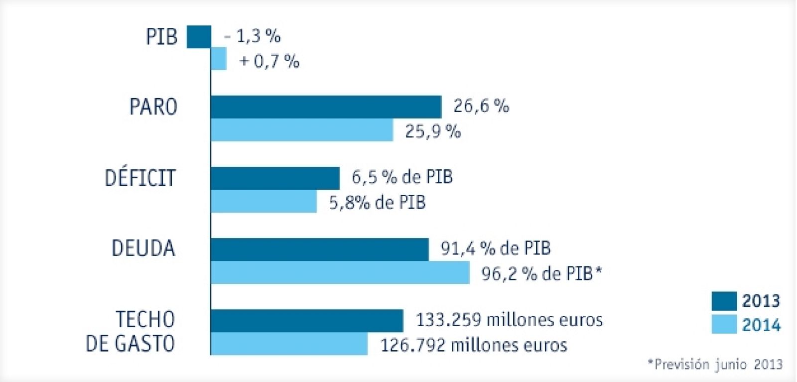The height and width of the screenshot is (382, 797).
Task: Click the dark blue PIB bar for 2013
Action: pos(199,37)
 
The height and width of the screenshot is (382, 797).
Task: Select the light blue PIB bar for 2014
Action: pos(219,59)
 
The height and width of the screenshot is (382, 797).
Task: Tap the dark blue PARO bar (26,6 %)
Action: pos(326,107)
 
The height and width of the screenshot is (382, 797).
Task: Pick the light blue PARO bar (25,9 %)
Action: pos(302,130)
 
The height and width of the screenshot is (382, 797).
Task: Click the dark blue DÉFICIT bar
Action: pos(275,178)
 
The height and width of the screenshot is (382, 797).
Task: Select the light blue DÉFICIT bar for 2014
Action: pos(264,201)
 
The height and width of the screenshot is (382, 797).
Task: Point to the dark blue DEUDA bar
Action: pos(319,250)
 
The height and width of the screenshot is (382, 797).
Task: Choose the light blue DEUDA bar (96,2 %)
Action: pos(340,272)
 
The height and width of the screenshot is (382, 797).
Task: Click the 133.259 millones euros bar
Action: pos(307,320)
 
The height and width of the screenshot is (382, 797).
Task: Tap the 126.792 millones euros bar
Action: pos(289,344)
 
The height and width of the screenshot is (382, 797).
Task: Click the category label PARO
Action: pos(153,107)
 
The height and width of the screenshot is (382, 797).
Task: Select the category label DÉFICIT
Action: pos(140,178)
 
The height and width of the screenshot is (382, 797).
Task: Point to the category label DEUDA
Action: pos(143,249)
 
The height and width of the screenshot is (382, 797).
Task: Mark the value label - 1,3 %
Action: pos(253,36)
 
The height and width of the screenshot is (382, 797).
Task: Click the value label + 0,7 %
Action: pos(269,61)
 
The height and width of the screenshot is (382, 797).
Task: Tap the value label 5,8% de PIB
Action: pos(377,203)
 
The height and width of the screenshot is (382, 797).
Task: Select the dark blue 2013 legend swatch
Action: pos(724,301)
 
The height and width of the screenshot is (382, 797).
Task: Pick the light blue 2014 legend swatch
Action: pos(724,324)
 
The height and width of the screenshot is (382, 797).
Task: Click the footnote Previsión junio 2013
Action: pos(715,364)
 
